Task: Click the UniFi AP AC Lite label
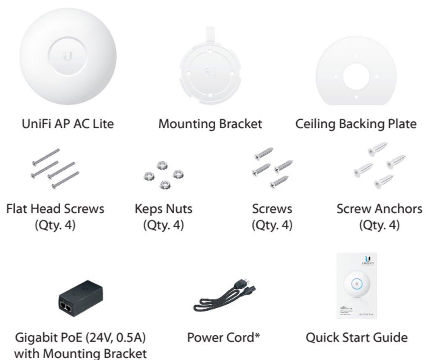pos(67,124)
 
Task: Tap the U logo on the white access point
pos(67,56)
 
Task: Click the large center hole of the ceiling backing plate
pos(356,76)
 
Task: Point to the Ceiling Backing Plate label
pos(356,124)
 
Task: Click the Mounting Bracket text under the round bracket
pos(210,124)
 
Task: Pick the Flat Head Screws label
pos(55,208)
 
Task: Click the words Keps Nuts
pos(163,208)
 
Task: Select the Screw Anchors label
pos(379,208)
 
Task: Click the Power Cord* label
pos(223,337)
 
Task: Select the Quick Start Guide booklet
pos(357,286)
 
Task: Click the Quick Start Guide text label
pos(357,337)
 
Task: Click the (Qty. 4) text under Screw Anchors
pos(379,225)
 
